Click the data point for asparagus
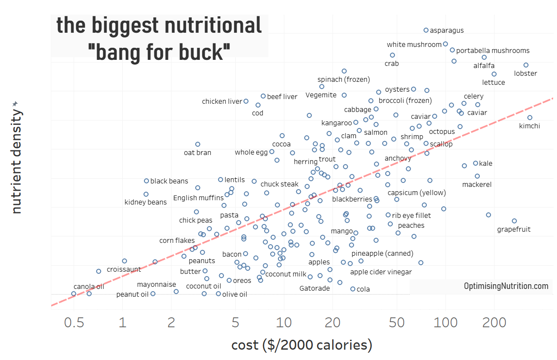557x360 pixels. (426, 30)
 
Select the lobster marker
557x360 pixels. (526, 65)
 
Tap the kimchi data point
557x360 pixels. (530, 118)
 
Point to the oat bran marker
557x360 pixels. (198, 144)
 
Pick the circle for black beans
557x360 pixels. (146, 181)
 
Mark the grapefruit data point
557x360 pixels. (514, 221)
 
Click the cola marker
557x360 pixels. (353, 289)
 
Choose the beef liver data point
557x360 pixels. (263, 96)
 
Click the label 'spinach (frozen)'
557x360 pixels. (344, 80)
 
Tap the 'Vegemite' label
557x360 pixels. (321, 95)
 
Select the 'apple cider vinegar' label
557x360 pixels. (381, 272)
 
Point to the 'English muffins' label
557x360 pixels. (199, 198)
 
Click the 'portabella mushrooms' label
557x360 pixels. (493, 51)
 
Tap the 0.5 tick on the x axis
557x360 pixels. (74, 323)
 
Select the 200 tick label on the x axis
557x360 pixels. (494, 323)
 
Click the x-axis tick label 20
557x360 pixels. (333, 323)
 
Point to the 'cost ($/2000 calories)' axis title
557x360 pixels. (302, 345)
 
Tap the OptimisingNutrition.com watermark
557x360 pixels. (506, 286)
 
